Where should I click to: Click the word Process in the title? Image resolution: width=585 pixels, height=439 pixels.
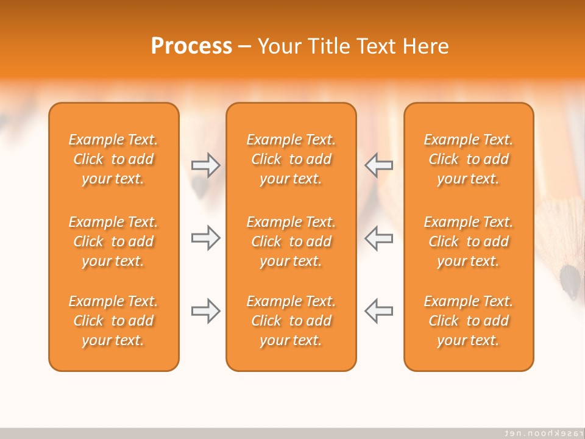tap(191, 46)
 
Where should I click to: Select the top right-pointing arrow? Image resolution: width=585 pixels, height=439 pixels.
tap(205, 165)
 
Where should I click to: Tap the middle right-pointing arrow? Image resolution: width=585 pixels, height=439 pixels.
tap(205, 238)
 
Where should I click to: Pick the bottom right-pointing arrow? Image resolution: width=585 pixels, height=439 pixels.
tap(205, 311)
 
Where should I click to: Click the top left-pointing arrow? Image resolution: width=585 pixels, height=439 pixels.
tap(379, 165)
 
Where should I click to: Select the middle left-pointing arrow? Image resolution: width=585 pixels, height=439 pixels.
tap(379, 238)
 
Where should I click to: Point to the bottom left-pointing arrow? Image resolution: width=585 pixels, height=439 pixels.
tap(379, 311)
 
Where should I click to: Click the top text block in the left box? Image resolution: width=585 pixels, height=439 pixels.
tap(113, 159)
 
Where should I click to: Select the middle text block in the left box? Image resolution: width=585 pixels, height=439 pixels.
tap(113, 241)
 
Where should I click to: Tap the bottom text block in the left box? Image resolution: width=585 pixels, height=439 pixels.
tap(113, 321)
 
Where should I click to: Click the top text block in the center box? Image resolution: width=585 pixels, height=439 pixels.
tap(291, 159)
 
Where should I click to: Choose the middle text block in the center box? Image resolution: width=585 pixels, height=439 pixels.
tap(291, 241)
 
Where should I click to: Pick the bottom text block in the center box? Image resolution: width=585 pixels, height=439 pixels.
tap(291, 321)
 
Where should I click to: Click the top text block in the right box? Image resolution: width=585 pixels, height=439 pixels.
tap(469, 159)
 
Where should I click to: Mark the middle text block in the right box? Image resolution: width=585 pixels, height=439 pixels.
tap(469, 241)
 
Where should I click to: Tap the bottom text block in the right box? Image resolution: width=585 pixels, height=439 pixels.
tap(469, 321)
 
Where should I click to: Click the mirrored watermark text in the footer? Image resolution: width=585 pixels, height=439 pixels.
tap(540, 433)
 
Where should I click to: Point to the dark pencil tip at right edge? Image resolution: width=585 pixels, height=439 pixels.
tap(570, 281)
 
